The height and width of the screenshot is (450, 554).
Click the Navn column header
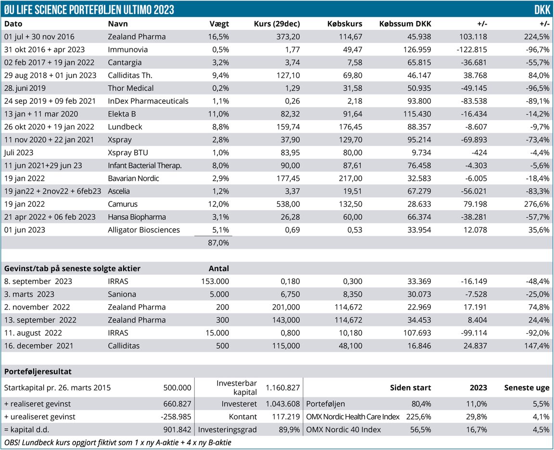118,24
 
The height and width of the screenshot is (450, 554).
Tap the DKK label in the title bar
542,10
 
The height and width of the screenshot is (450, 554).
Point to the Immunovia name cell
127,50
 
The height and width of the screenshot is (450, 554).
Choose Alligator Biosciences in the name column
144,230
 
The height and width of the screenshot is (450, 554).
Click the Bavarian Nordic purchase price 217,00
351,178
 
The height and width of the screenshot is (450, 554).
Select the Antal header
219,268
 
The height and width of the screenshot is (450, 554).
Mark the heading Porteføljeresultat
38,371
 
